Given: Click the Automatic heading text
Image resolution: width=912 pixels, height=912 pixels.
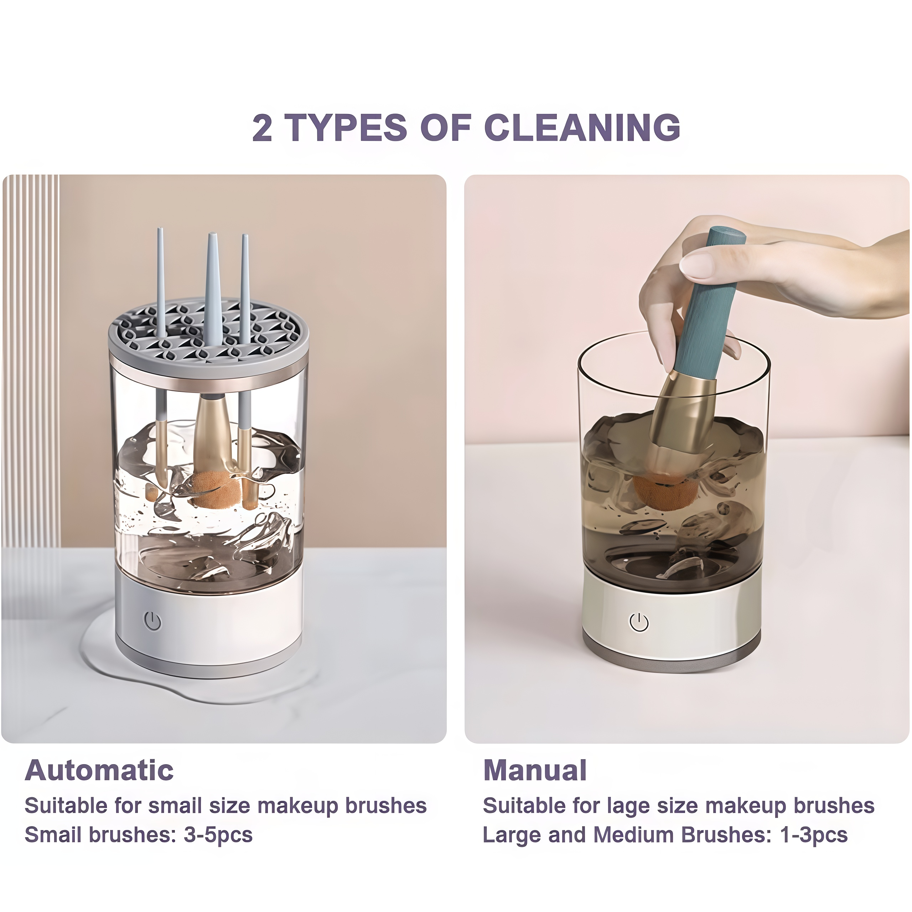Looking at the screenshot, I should (x=99, y=771).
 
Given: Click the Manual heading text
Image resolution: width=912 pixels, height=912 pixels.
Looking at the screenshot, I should (x=535, y=771).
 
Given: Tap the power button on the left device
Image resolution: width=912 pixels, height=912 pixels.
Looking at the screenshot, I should (x=152, y=621).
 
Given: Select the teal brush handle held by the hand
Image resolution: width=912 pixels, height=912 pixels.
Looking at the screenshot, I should (x=706, y=302).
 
